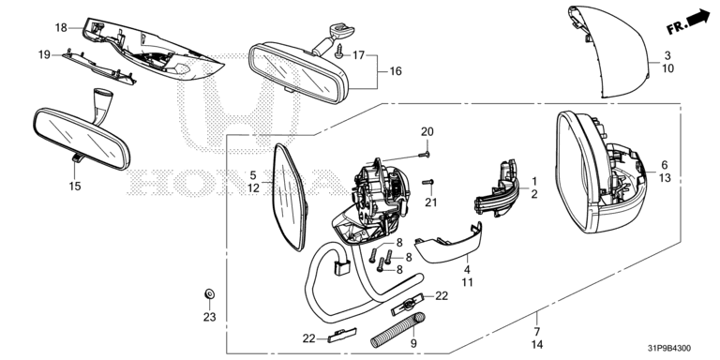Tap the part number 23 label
click(209, 317)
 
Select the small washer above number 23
click(209, 293)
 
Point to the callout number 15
click(75, 187)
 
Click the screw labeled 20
click(425, 156)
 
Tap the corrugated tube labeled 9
click(398, 330)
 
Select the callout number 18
click(61, 27)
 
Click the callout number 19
click(44, 55)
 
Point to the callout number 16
click(396, 71)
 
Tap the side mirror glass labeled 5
click(290, 198)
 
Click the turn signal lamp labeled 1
click(498, 190)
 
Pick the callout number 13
click(665, 178)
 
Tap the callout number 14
click(537, 344)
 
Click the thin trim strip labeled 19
click(99, 67)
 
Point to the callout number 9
click(412, 343)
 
